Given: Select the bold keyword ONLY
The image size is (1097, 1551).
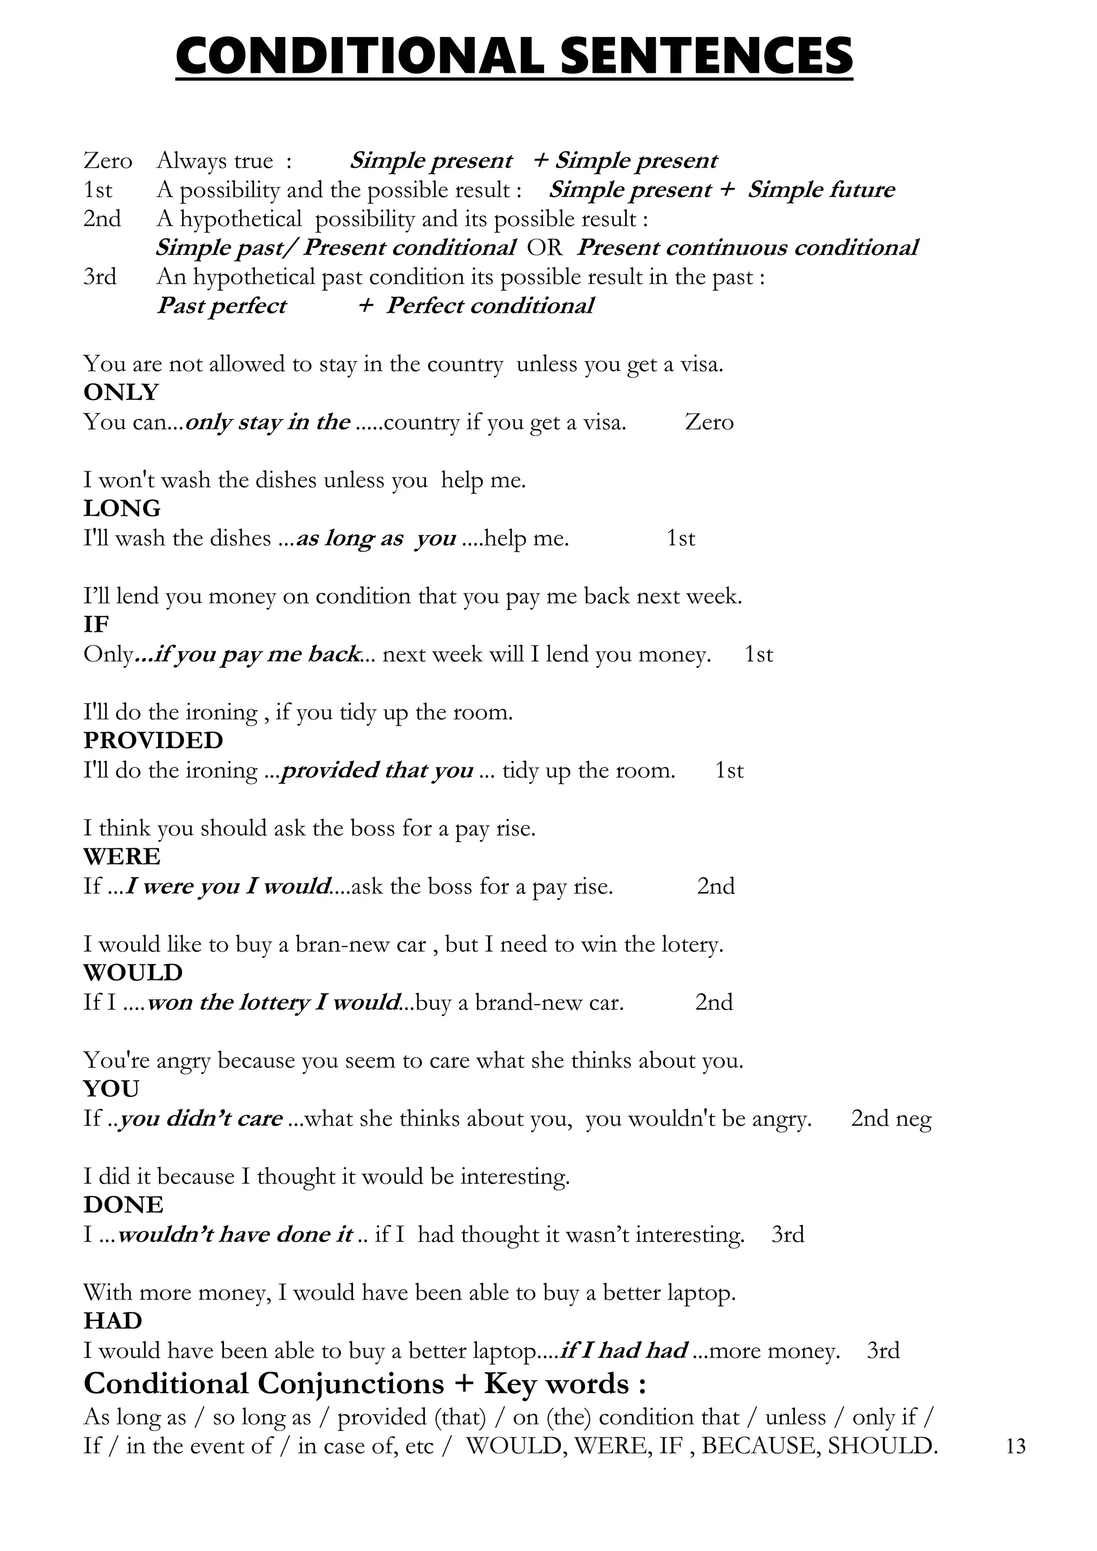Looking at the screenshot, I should (121, 393).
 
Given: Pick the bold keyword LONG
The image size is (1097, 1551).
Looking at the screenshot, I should (122, 509).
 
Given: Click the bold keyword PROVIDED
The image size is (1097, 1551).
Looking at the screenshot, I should (153, 741).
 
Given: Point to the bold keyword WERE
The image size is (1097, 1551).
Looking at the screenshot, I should (122, 857).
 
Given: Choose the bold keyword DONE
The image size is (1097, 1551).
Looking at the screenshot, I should (124, 1205).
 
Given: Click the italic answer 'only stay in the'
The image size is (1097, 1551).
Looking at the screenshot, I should (267, 422).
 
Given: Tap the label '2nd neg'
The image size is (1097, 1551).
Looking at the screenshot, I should (891, 1119).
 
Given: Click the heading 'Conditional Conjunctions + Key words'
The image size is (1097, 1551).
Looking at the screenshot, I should (365, 1384).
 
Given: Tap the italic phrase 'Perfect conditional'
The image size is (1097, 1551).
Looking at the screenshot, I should (490, 306).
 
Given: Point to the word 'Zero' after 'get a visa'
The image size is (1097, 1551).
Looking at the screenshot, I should (709, 422).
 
